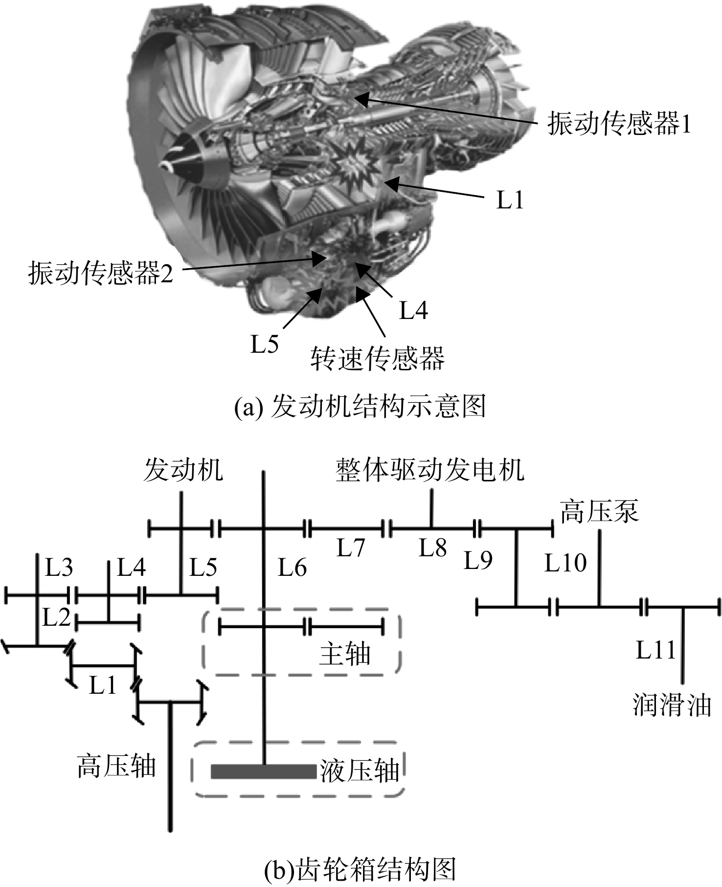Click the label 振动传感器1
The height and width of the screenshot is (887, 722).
(x=619, y=123)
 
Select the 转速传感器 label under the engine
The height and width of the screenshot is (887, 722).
(x=377, y=359)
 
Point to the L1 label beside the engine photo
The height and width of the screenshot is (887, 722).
(x=510, y=200)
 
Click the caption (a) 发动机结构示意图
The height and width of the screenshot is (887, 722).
(x=360, y=407)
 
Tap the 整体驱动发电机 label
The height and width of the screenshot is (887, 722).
(x=430, y=470)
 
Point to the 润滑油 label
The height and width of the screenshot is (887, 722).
(x=672, y=705)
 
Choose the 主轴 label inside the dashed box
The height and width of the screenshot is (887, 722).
(x=345, y=654)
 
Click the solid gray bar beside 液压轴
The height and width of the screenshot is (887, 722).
(x=264, y=772)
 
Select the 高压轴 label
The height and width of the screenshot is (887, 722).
(x=116, y=766)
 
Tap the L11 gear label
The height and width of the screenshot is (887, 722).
(x=655, y=650)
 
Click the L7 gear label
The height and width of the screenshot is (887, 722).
(x=351, y=548)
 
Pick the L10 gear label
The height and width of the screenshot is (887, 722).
(x=565, y=563)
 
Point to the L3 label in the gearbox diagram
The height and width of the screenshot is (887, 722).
(x=59, y=568)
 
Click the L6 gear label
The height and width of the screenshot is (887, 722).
(x=293, y=568)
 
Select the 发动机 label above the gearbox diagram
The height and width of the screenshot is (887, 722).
(x=183, y=470)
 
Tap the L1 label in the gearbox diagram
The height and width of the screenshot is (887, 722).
(x=103, y=686)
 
